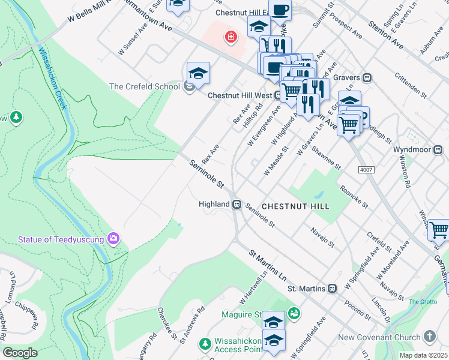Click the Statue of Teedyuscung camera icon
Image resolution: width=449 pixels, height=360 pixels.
113,239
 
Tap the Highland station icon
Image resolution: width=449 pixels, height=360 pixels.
238,205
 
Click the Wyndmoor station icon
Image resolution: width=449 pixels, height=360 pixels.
439,149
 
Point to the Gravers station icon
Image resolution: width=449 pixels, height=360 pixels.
367,78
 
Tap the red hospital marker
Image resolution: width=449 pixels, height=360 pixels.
230,38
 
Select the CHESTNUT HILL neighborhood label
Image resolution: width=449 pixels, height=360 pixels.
295,206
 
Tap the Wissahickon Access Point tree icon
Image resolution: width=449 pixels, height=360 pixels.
205,343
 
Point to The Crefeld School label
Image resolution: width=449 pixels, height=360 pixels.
144,86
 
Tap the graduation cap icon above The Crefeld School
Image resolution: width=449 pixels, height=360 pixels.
198,74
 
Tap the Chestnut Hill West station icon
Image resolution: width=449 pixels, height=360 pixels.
279,95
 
